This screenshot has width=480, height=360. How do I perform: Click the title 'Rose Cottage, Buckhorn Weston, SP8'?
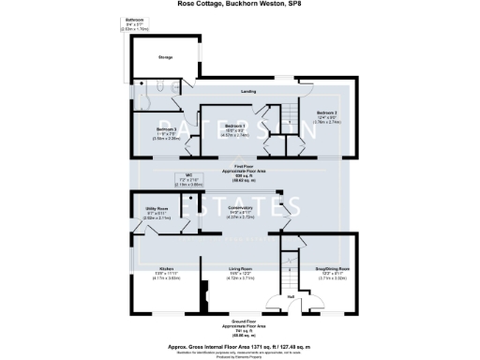click(239, 4)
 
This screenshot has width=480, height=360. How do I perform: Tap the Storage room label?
click(164, 58)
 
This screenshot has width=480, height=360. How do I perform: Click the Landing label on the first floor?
click(247, 92)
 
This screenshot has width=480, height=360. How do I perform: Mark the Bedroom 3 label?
click(166, 132)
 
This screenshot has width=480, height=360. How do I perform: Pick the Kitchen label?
click(167, 269)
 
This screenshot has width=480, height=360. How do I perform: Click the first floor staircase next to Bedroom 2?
click(292, 117)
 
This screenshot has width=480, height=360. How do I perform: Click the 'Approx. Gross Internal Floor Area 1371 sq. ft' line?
click(241, 346)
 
